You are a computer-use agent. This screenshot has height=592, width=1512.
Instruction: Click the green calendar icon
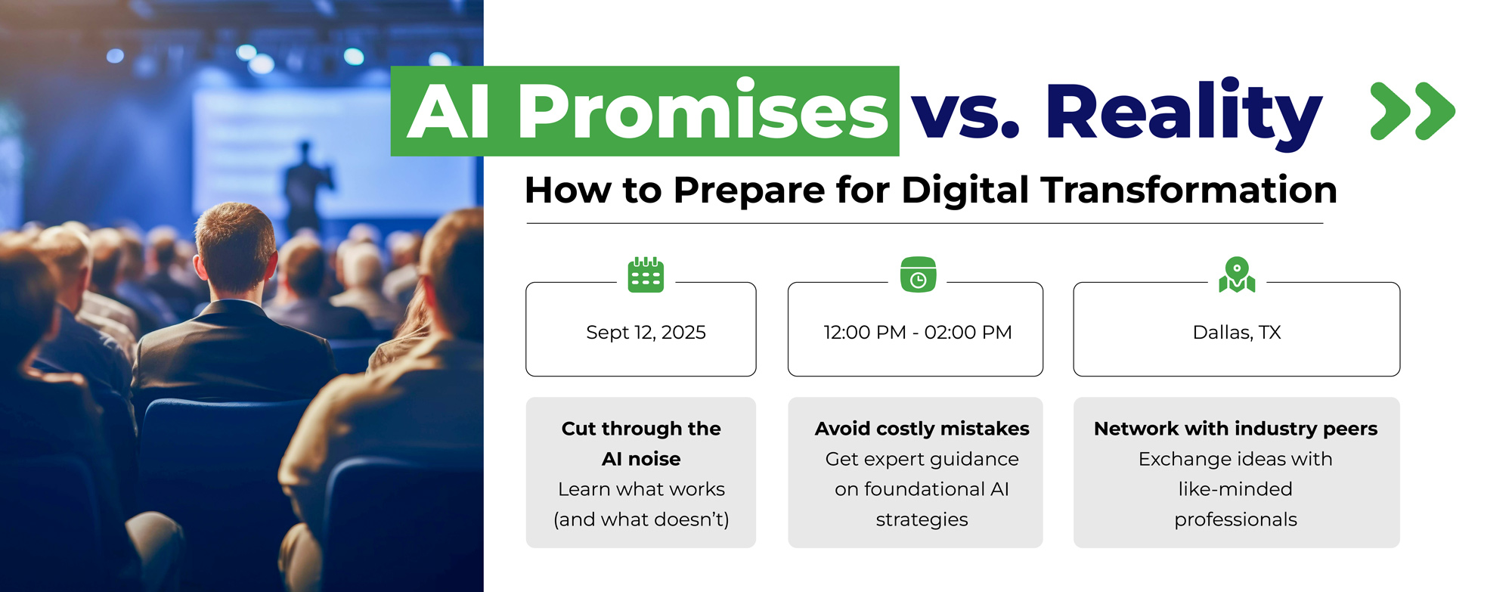646,274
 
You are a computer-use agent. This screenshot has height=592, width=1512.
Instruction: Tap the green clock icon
918,274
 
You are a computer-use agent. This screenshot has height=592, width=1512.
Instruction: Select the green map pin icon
1237,274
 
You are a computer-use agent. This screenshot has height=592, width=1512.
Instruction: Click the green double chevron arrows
1412,111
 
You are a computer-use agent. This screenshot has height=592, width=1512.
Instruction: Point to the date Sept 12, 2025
646,333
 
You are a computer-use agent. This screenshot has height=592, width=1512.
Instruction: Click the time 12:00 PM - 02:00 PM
918,333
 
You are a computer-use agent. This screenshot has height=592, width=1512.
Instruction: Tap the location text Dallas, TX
1237,333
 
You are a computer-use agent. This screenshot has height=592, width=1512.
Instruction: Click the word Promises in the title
702,111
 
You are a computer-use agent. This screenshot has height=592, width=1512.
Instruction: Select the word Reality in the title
1184,113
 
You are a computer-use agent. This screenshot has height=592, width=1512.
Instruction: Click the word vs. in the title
965,118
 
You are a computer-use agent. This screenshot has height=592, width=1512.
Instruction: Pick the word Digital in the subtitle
965,190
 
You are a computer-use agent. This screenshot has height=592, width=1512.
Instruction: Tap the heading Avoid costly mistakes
922,429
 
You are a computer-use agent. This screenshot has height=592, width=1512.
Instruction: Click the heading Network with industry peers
1235,429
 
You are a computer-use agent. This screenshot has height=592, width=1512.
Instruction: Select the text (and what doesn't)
641,519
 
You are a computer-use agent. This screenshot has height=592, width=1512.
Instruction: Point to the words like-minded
1235,489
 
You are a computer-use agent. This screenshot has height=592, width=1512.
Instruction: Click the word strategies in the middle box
922,519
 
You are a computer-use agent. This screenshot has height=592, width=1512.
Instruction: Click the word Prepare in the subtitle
748,191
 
